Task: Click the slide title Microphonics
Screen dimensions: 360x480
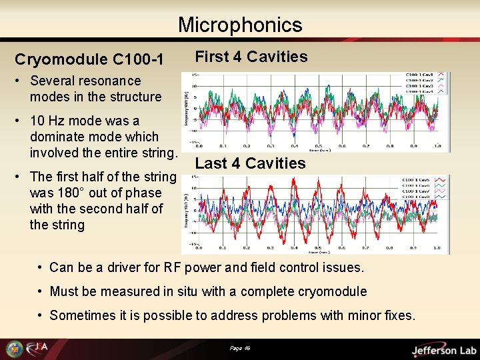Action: [240, 25]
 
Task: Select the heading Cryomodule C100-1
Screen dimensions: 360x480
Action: [89, 60]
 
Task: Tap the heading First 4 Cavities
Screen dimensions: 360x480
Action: [251, 57]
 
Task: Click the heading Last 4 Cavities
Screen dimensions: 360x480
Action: [250, 163]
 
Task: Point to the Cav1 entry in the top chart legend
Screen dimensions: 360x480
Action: [421, 75]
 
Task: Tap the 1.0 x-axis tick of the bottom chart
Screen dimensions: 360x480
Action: [436, 249]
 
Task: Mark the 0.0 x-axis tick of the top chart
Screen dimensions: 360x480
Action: [199, 147]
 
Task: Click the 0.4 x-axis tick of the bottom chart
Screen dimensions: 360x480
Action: [294, 249]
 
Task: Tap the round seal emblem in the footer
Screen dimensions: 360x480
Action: [14, 349]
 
